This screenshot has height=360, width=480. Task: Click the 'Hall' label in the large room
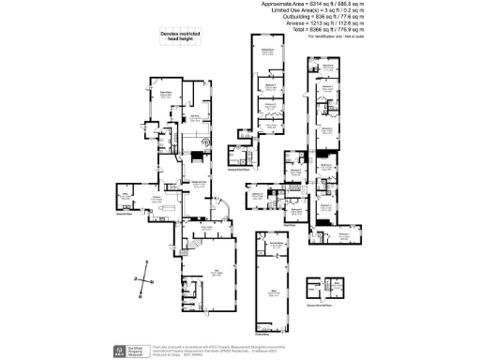217,272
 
